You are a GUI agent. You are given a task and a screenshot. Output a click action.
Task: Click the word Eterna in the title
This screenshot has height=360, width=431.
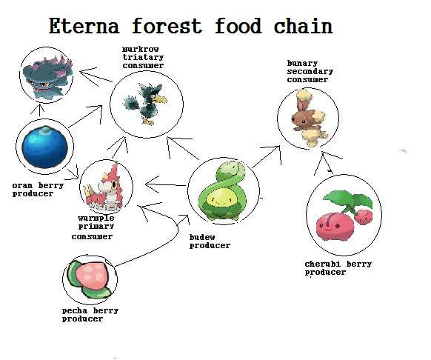pos(84,26)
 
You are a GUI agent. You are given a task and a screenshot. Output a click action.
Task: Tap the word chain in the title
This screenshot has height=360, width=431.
pos(303,26)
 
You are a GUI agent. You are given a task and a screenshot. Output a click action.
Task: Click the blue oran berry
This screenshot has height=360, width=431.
pos(45,147)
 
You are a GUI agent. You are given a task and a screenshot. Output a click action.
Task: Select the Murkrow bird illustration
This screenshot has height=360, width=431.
pos(145,104)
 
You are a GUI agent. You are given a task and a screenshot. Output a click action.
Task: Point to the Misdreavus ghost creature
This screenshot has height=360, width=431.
pos(47,76)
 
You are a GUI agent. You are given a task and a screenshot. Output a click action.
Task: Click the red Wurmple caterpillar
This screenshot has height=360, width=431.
pos(104,187)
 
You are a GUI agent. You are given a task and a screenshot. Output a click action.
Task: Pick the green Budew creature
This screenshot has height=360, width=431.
pos(223,191)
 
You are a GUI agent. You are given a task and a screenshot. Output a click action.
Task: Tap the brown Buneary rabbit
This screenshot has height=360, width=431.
pos(309,118)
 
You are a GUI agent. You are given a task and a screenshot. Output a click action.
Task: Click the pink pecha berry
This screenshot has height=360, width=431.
pos(90,279)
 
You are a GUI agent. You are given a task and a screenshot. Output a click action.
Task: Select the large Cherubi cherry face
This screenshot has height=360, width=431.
pos(335,225)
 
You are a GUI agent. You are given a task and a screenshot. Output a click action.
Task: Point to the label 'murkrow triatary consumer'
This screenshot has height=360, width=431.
pos(143,58)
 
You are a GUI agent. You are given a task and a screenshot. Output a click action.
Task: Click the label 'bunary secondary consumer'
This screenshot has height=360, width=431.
pos(310,72)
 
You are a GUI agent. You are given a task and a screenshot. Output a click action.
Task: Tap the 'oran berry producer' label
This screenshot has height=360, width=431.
pos(38,190)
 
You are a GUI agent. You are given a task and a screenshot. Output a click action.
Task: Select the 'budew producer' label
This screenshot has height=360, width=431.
pos(210,241)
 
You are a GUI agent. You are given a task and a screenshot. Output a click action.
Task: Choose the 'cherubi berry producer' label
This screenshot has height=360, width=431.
pos(338,268)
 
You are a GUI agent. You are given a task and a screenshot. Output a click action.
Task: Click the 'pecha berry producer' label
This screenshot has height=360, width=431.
pos(90,315)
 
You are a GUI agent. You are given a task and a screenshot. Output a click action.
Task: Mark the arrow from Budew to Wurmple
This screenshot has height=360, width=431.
pos(166,184)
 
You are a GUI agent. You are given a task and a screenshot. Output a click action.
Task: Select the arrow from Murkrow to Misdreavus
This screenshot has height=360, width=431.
pos(96,76)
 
